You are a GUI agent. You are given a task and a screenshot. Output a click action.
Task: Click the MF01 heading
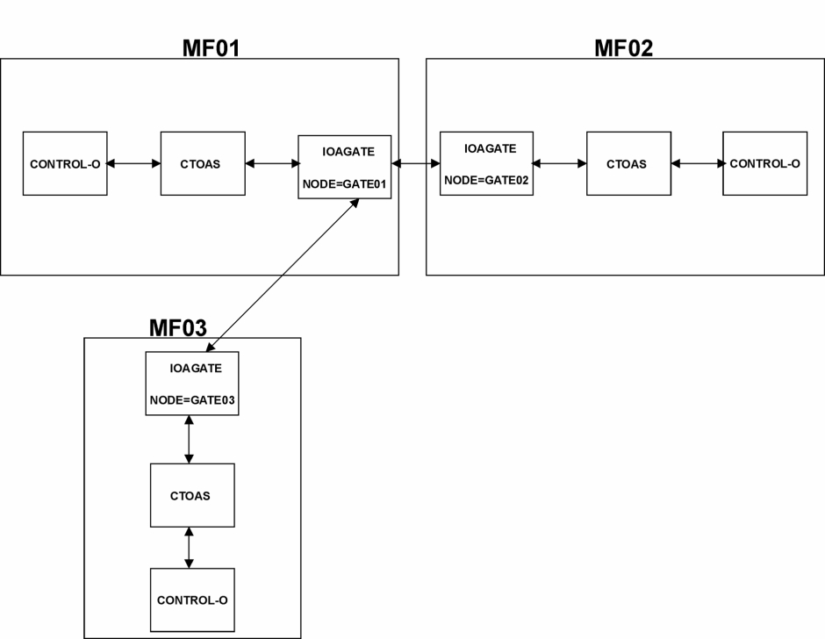[x=211, y=48]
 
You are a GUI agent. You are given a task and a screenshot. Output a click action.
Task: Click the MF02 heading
[x=623, y=48]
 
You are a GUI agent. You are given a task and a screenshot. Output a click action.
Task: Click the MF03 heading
[x=178, y=327]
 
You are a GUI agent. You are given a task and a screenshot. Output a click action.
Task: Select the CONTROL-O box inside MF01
[x=65, y=163]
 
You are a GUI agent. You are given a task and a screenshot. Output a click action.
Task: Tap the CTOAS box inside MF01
[x=203, y=163]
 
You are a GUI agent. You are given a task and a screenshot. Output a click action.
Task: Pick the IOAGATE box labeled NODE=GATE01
[x=345, y=167]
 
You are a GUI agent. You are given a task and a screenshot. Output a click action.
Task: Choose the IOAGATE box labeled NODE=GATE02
[x=487, y=163]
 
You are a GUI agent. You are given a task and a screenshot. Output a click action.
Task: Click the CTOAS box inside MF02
[x=628, y=163]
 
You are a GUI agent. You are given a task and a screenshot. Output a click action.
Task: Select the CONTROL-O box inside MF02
[x=765, y=163]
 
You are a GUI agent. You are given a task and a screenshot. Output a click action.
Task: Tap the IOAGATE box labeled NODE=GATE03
[x=192, y=384]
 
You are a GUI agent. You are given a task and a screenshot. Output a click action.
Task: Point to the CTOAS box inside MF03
[x=192, y=495]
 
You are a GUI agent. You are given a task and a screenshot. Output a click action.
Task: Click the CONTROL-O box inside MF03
[x=192, y=600]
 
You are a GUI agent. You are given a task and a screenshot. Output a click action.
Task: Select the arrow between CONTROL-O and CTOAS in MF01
[x=133, y=163]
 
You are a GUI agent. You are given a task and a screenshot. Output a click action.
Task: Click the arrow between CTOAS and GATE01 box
[x=272, y=163]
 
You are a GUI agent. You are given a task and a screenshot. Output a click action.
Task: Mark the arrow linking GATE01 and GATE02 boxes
[x=416, y=163]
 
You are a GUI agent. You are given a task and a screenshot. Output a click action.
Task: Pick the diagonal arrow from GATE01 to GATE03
[x=283, y=275]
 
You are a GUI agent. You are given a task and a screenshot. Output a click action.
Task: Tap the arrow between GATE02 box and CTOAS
[x=560, y=163]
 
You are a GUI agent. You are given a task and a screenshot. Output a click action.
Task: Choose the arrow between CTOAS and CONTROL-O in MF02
[x=697, y=163]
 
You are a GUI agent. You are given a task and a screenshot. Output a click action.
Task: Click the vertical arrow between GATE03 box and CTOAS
[x=189, y=440]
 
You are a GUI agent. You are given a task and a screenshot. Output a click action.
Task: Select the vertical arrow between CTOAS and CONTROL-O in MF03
[x=189, y=548]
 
